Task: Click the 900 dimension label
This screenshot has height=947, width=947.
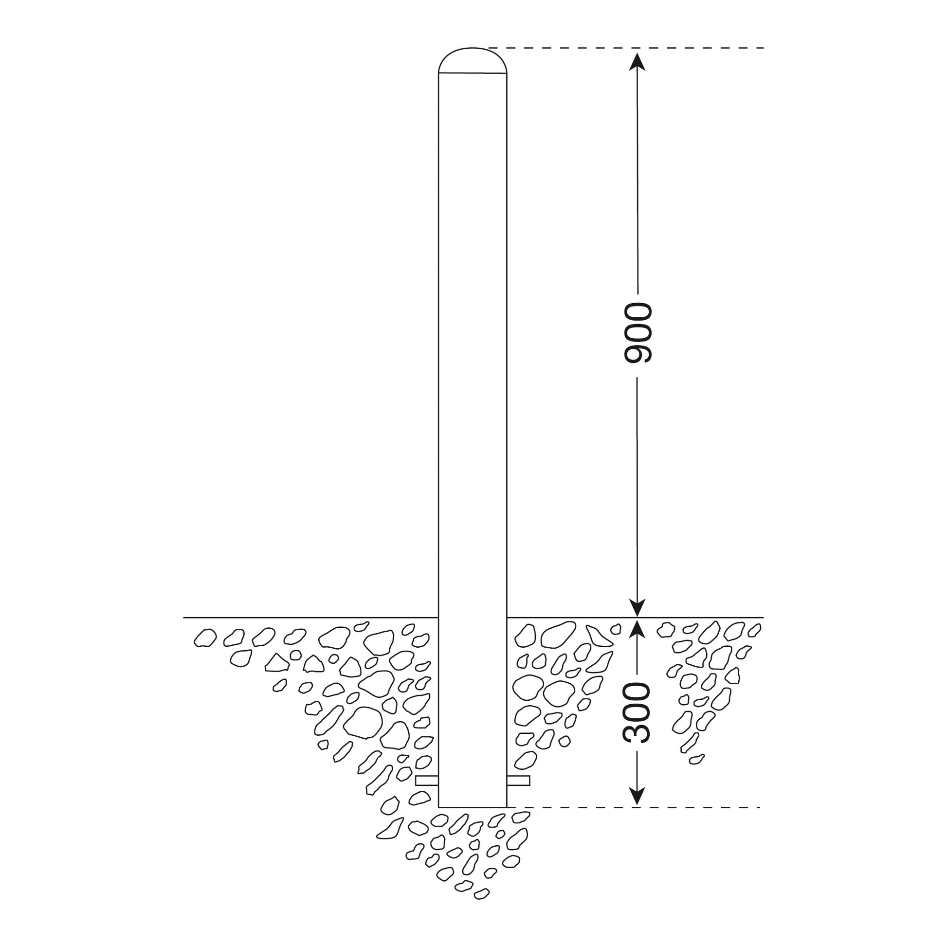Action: [x=637, y=333]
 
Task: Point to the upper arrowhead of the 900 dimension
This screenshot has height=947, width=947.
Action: [x=637, y=62]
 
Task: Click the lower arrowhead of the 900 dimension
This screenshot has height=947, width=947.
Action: [x=637, y=607]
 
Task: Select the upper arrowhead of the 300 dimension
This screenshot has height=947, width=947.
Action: [x=637, y=627]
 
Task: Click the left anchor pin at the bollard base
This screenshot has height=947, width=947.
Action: [x=426, y=781]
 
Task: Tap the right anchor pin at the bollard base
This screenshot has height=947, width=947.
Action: [x=518, y=781]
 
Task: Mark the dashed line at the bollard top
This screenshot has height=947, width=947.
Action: [x=626, y=48]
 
